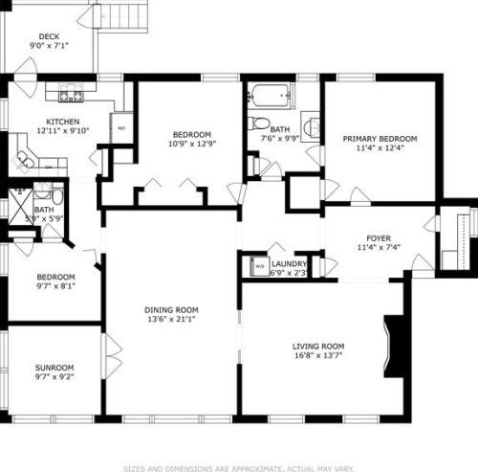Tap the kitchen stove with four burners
tap(71, 94)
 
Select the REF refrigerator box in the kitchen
tap(121, 127)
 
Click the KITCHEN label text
tap(63, 122)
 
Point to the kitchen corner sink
tap(25, 158)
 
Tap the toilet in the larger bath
tap(258, 124)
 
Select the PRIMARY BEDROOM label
tap(380, 138)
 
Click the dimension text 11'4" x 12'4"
tap(380, 148)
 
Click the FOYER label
tap(380, 237)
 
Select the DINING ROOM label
tap(171, 309)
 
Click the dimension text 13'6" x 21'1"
tap(171, 320)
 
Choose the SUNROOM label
tap(54, 367)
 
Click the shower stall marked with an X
tap(20, 203)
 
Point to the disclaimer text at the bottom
tap(239, 469)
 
